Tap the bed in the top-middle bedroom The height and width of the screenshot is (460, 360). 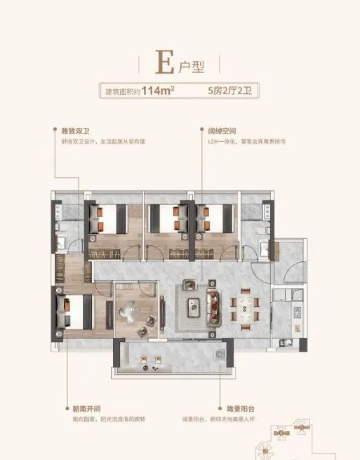pyautogui.click(x=162, y=217)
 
